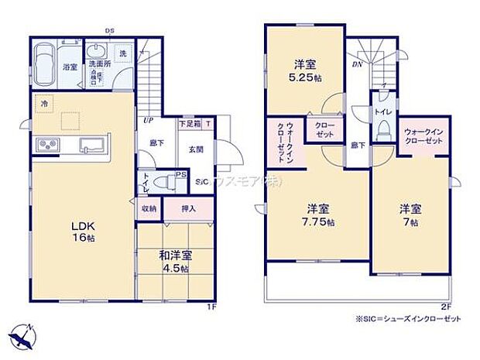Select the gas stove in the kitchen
point(45,146)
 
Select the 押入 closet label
point(188,208)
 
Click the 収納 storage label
point(149,208)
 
